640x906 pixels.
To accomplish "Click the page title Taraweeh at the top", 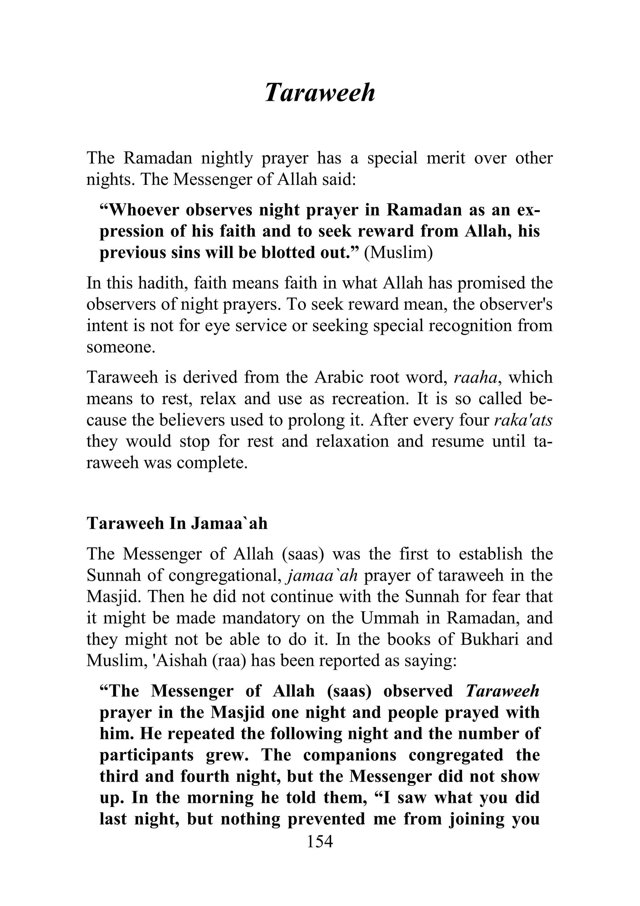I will point(319,93).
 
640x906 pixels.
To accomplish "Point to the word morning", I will point(220,798).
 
